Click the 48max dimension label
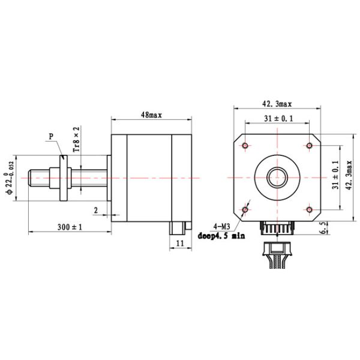pyautogui.click(x=151, y=113)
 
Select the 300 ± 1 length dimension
pyautogui.click(x=70, y=227)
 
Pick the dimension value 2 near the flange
pyautogui.click(x=95, y=209)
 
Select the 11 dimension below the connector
pyautogui.click(x=180, y=243)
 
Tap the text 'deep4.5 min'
pyautogui.click(x=221, y=236)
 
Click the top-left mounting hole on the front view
pyautogui.click(x=245, y=146)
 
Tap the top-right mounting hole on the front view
pyautogui.click(x=310, y=146)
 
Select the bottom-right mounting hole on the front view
pyautogui.click(x=310, y=209)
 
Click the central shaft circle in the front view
pyautogui.click(x=277, y=178)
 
